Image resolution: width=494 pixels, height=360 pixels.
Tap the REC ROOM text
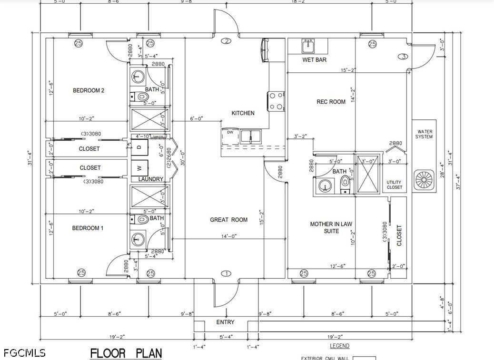331,102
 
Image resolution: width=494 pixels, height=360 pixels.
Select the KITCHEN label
243,113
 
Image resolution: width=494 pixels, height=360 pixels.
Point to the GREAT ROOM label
229,220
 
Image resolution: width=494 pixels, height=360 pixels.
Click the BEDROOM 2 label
89,90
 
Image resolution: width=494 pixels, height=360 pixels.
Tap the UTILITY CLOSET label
394,185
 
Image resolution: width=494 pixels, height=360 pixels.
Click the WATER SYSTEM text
425,134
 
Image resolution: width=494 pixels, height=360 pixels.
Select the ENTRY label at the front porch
225,322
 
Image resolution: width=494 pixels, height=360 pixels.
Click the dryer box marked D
139,147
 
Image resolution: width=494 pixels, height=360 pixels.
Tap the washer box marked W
139,167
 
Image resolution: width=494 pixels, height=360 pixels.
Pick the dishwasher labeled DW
230,132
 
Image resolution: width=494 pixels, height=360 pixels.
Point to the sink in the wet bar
308,46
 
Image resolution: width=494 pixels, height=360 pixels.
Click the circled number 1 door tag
227,273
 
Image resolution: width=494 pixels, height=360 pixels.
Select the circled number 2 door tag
227,41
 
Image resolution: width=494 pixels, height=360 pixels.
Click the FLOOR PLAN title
126,353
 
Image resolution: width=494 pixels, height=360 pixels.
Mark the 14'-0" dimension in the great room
228,235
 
